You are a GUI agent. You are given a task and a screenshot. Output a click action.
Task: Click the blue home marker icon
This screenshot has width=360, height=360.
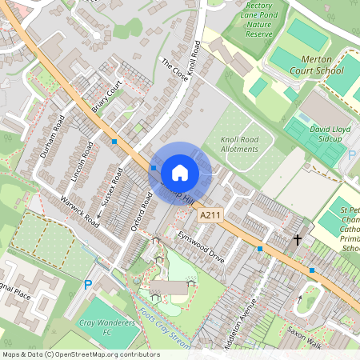click(180, 172)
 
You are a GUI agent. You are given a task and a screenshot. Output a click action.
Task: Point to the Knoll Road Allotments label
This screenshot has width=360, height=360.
click(239, 144)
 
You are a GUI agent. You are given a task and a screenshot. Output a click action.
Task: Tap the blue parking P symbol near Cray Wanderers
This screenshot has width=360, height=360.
click(88, 284)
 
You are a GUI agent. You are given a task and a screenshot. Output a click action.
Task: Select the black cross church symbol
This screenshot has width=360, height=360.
click(298, 239)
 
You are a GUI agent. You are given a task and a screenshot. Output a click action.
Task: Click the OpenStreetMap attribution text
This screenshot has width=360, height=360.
click(80, 354)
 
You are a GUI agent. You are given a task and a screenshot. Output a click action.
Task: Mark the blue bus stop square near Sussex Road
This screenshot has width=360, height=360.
click(114, 142)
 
